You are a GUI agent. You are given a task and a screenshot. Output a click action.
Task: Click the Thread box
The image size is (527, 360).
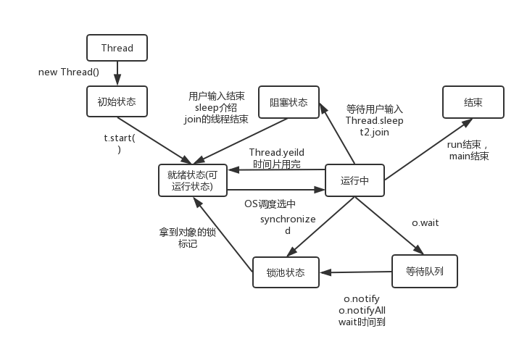click(x=117, y=49)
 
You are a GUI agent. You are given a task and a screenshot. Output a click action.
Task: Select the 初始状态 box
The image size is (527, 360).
click(x=116, y=102)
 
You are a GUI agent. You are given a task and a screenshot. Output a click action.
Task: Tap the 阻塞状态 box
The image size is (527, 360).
click(x=288, y=102)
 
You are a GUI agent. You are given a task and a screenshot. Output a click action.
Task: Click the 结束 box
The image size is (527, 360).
click(x=473, y=102)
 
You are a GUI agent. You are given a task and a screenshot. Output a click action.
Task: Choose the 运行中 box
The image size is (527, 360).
click(x=354, y=180)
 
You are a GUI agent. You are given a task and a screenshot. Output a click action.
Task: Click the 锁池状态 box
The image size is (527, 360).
click(x=286, y=273)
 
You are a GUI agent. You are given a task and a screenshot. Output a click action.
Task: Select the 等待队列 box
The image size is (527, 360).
click(x=425, y=271)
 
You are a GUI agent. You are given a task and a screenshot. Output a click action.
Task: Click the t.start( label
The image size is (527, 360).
click(x=119, y=138)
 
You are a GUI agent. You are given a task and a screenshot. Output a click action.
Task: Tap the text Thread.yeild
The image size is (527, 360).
click(x=275, y=152)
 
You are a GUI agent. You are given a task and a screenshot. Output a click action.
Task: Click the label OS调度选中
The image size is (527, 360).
click(x=270, y=204)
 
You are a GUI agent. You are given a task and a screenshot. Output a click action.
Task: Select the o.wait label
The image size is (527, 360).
click(x=426, y=223)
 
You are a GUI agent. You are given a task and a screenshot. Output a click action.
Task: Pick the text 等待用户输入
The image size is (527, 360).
click(x=374, y=109)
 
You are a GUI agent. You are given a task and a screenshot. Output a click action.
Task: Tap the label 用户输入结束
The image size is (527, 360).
click(x=216, y=96)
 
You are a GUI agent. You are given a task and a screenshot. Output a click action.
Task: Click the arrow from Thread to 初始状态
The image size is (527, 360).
click(x=117, y=74)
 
